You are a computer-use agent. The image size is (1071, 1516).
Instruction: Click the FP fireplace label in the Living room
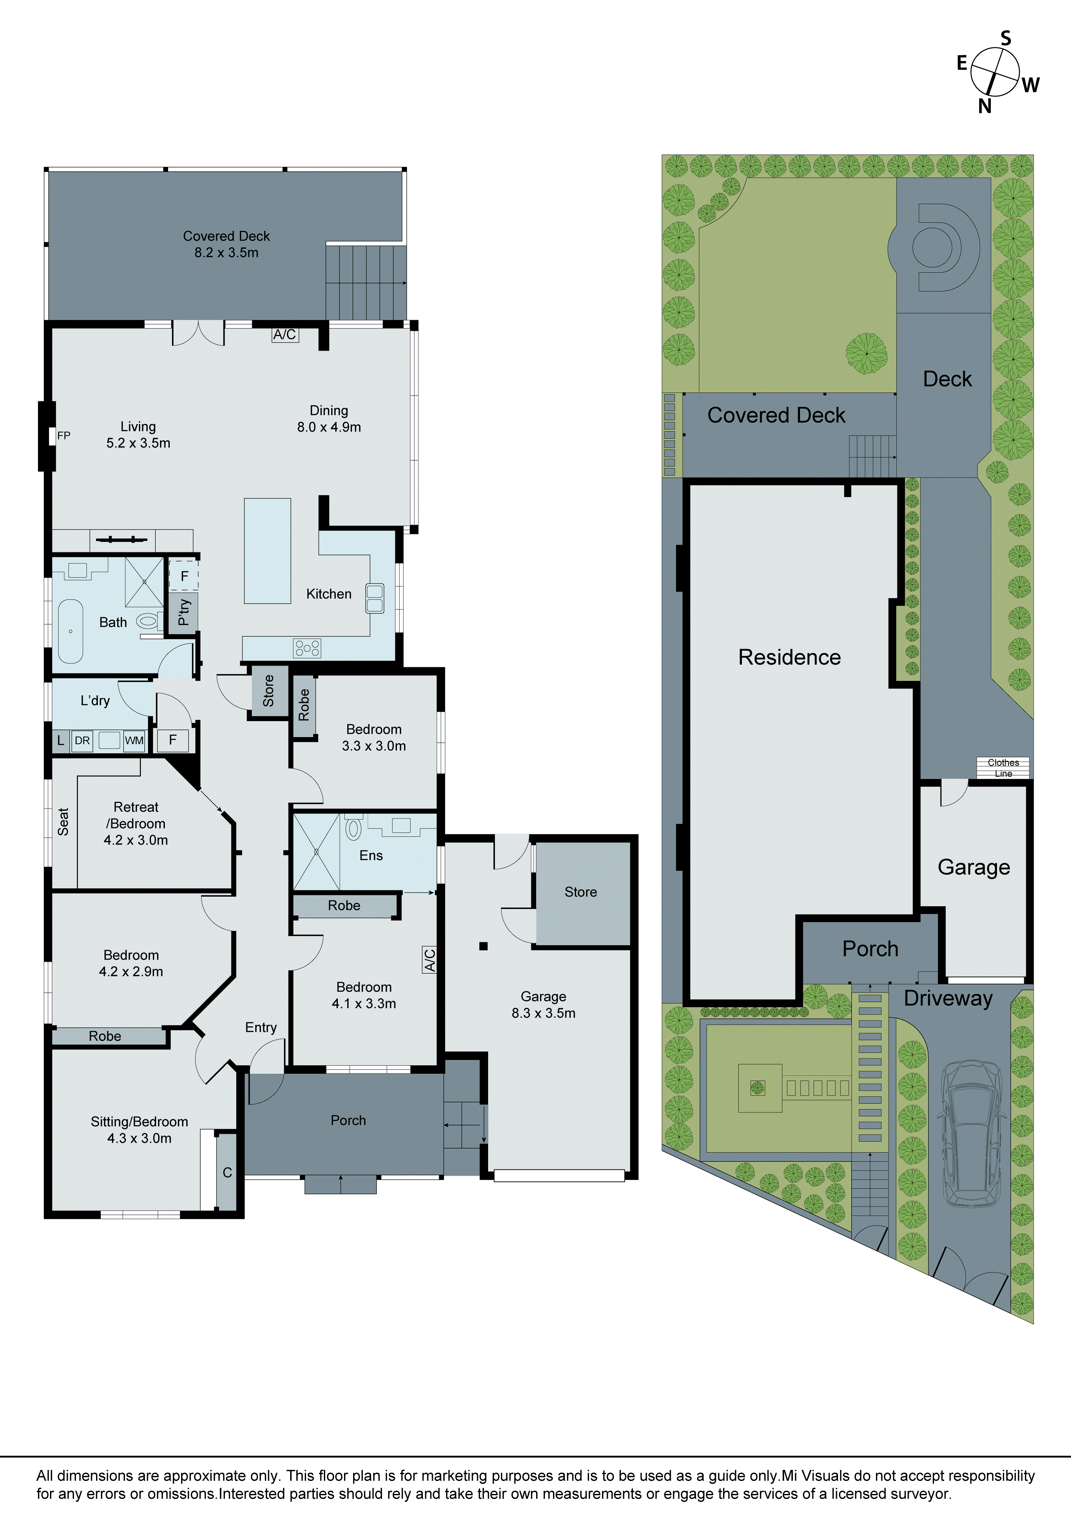(63, 436)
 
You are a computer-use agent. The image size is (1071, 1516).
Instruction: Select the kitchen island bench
(267, 551)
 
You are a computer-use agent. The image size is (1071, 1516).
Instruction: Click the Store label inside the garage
(580, 892)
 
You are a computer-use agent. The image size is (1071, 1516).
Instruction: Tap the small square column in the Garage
(483, 946)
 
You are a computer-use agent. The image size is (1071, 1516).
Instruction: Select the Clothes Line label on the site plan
(1003, 768)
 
